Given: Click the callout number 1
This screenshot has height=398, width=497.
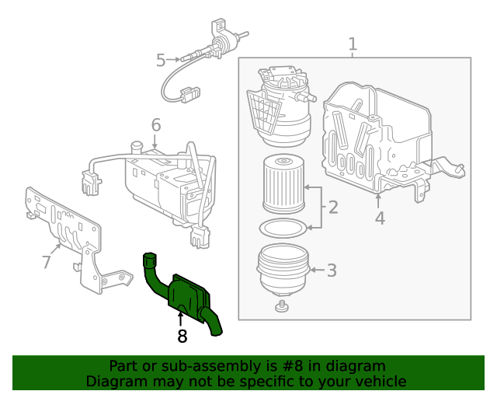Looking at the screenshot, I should (x=353, y=44).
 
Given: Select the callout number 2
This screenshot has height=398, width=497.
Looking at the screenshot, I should (x=332, y=208).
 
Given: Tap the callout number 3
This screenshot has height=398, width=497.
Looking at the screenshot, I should (x=331, y=271).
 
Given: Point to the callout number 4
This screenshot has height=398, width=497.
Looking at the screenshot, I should (x=380, y=218).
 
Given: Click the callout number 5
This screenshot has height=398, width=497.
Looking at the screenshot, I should (x=161, y=59).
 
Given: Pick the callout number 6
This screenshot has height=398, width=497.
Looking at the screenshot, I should (x=155, y=124).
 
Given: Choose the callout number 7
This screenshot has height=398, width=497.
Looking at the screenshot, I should (x=46, y=262).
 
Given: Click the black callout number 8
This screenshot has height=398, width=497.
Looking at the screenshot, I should (x=182, y=336).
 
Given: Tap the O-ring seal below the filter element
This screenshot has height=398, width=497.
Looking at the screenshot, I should (x=282, y=229).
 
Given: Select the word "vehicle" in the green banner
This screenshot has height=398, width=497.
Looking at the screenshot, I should (x=378, y=381).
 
